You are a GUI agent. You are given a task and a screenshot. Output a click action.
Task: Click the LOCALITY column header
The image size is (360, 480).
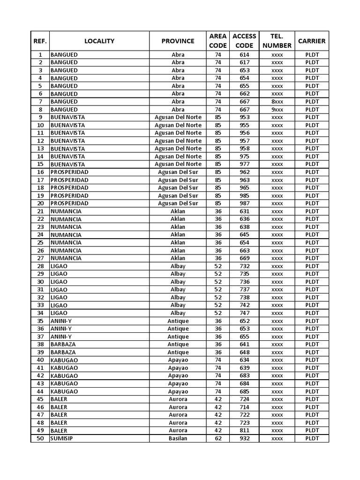click(99, 41)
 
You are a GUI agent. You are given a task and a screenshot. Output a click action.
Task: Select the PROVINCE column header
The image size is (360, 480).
click(178, 41)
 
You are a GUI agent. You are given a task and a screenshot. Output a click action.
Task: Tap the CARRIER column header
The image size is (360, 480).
click(312, 41)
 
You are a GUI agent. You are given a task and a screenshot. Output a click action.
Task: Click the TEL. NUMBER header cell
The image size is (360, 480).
click(277, 41)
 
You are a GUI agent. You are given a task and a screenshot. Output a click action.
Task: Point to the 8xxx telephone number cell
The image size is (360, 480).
click(277, 102)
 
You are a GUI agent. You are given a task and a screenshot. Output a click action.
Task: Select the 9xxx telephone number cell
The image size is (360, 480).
click(277, 110)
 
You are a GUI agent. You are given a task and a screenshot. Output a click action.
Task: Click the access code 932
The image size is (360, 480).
click(244, 438)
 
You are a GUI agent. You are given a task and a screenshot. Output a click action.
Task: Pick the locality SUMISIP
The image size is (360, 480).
click(61, 438)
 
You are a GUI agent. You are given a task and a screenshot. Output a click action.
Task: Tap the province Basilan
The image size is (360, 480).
click(178, 438)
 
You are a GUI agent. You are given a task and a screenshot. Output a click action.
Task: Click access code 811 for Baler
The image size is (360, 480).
click(244, 430)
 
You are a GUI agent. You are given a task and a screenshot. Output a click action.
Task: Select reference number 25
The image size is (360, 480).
click(40, 242)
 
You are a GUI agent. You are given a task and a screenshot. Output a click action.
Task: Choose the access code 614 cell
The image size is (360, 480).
click(244, 55)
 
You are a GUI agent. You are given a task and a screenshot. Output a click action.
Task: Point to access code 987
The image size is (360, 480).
click(244, 203)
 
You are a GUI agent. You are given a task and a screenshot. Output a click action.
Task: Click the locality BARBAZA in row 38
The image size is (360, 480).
click(63, 344)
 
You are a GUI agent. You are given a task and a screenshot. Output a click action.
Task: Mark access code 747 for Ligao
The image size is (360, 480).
click(244, 313)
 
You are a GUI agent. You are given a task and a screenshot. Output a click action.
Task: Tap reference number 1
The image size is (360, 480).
click(40, 55)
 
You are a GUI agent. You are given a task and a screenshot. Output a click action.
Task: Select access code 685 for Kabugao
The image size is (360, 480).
click(244, 391)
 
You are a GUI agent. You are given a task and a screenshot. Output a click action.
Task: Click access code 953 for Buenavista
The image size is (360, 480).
click(244, 117)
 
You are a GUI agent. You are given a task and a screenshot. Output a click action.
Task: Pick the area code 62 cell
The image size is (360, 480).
click(218, 438)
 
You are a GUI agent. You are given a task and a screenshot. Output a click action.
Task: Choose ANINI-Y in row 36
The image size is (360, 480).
click(61, 329)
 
